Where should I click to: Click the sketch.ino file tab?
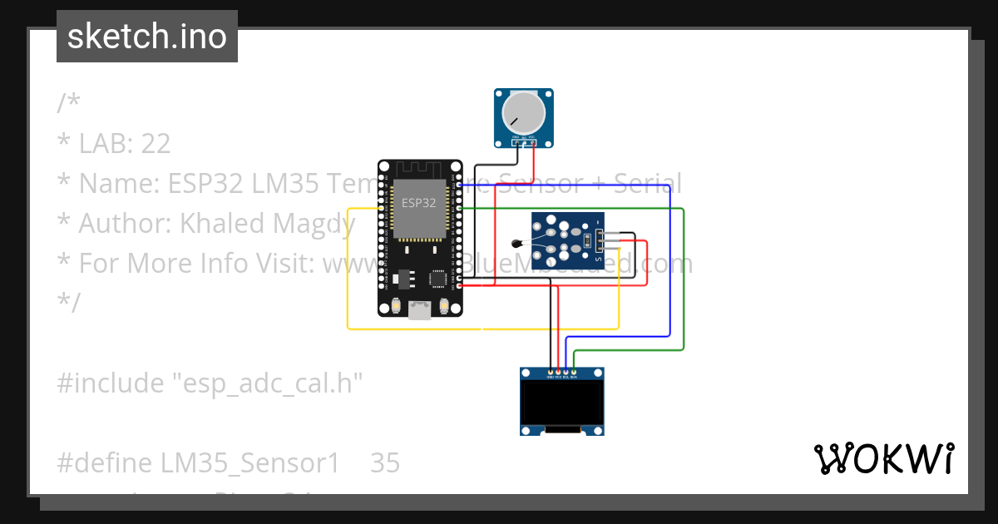[146, 37]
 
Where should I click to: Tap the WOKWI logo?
[883, 459]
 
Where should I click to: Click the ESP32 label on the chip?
[418, 202]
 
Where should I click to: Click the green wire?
[683, 283]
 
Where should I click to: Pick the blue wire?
[669, 266]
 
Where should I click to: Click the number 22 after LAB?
[156, 144]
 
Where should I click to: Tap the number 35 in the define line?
[384, 463]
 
